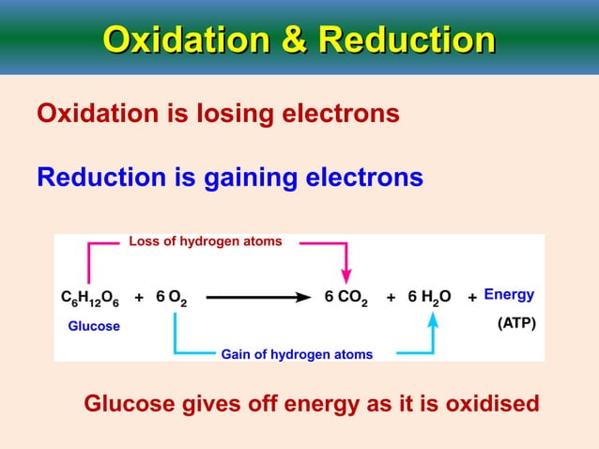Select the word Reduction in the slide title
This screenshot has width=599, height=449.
407,40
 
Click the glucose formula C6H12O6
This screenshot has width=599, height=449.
92,298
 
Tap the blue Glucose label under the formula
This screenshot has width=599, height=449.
94,326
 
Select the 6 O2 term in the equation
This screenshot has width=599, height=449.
172,298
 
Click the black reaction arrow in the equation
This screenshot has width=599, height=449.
258,297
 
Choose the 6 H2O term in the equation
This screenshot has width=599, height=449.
430,298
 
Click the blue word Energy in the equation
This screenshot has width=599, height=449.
509,295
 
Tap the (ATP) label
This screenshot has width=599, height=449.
515,325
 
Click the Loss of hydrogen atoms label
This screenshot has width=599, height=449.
205,242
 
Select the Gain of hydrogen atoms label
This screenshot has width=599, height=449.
297,354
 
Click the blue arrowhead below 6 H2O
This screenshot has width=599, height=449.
433,320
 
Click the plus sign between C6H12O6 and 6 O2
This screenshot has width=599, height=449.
139,298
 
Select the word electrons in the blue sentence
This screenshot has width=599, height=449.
365,178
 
